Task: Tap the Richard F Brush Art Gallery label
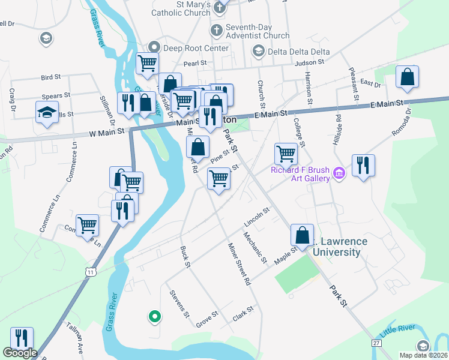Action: (300, 174)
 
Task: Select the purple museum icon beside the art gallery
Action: (339, 174)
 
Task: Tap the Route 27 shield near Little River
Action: (376, 343)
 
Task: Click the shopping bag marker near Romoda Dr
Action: (407, 77)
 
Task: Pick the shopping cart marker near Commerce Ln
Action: (88, 226)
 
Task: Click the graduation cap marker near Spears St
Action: (47, 113)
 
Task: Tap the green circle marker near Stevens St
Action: (154, 316)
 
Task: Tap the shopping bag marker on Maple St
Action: (302, 235)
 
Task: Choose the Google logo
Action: (19, 353)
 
